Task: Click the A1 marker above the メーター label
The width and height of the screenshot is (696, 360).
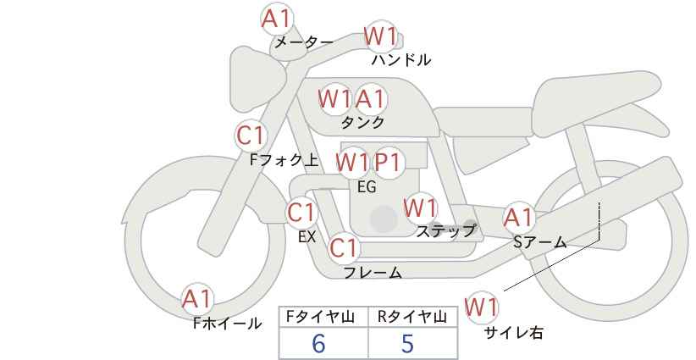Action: point(277,19)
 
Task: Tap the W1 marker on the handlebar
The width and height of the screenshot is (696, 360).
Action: point(380,36)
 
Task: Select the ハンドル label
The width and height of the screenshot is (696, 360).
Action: point(401,60)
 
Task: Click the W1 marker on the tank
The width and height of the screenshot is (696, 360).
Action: point(334,98)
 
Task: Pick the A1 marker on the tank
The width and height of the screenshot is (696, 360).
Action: point(370,98)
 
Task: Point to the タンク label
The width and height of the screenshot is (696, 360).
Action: point(362,123)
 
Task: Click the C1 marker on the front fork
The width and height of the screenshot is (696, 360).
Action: point(251,136)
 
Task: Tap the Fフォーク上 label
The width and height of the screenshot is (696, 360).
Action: point(284,160)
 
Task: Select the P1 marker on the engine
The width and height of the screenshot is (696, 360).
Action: point(388,163)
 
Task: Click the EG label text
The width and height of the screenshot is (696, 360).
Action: point(367,187)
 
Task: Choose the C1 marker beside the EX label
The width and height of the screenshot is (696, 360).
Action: point(301,213)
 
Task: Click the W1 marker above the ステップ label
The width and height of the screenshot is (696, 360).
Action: point(420,208)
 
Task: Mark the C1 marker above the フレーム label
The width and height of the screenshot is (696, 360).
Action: point(344,248)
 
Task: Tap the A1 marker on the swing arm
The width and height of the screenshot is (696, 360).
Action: point(518,218)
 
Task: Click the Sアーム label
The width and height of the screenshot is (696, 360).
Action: point(540,242)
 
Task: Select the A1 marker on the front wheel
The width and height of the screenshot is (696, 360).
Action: point(197,300)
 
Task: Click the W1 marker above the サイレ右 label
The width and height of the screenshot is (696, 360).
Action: point(481,307)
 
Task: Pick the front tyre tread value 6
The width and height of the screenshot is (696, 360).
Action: point(318,343)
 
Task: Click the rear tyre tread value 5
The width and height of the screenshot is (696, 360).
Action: point(407,343)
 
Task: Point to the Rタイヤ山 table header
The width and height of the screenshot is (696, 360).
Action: point(412,317)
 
